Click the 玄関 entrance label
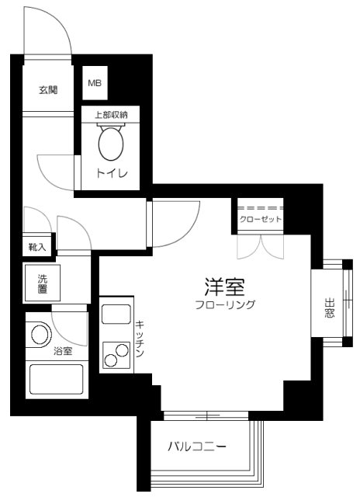[x=47, y=90]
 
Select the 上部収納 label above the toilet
[x=111, y=114]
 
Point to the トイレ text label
[x=111, y=172]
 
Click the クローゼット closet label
[x=261, y=220]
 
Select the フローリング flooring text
[x=225, y=305]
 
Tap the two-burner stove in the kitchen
[x=116, y=354]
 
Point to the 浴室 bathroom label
[x=63, y=352]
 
